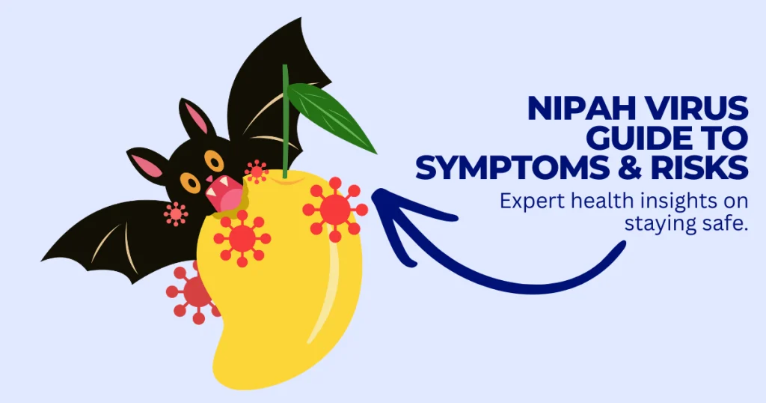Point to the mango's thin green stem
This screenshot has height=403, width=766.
tap(285, 120)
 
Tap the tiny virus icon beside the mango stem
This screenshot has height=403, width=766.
tap(256, 172)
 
